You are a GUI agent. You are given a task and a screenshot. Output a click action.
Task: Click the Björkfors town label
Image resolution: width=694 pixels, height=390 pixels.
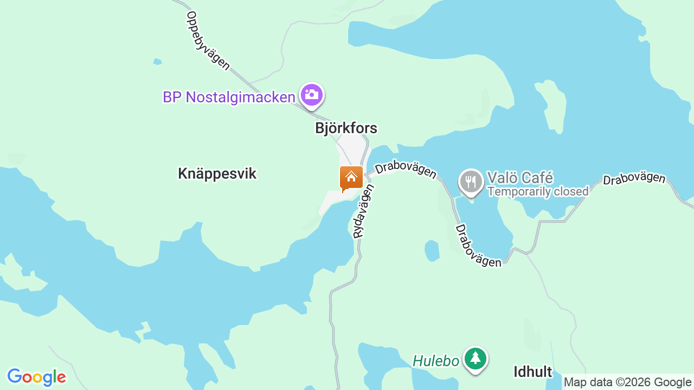pyautogui.click(x=346, y=128)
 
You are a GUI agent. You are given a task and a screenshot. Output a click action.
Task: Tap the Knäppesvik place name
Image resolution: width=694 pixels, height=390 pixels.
pyautogui.click(x=217, y=174)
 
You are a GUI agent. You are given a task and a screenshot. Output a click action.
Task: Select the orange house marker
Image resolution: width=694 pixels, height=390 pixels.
pyautogui.click(x=351, y=178)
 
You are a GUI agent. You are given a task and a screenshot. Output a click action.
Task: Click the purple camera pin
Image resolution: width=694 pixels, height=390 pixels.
pyautogui.click(x=311, y=95)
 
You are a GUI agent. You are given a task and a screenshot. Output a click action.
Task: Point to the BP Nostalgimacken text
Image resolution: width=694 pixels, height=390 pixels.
pyautogui.click(x=229, y=97)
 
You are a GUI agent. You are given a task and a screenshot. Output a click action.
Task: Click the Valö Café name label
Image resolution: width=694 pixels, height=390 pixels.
pyautogui.click(x=520, y=177)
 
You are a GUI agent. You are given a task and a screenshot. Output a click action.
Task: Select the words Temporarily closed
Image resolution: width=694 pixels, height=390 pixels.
pyautogui.click(x=538, y=192)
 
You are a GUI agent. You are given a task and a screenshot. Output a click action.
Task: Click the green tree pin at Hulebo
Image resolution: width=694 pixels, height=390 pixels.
pyautogui.click(x=475, y=359)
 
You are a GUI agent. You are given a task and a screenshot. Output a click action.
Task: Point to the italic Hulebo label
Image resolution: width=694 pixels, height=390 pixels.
pyautogui.click(x=436, y=361)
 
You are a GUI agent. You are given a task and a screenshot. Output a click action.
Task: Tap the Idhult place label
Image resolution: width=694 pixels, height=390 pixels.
pyautogui.click(x=532, y=372)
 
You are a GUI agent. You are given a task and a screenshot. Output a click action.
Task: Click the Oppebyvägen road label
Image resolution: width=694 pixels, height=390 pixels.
pyautogui.click(x=208, y=41)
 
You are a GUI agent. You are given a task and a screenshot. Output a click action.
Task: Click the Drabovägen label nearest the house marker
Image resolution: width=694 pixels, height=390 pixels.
pyautogui.click(x=406, y=170)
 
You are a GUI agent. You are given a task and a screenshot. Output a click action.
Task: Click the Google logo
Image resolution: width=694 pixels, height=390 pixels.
pyautogui.click(x=36, y=377)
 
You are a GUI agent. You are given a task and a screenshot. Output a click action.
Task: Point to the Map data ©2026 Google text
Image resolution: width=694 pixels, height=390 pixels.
pyautogui.click(x=627, y=382)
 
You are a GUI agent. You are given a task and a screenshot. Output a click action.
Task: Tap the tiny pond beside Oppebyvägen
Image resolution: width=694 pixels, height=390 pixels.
pyautogui.click(x=157, y=61)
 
